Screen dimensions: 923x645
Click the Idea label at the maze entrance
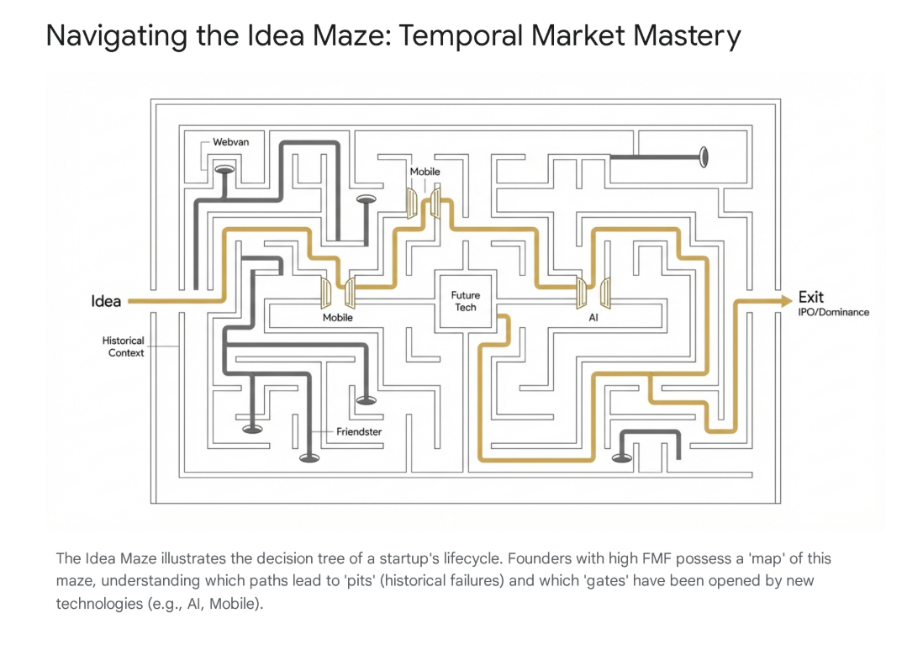coord(106,301)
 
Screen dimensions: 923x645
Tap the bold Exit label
coord(810,297)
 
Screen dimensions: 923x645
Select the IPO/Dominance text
coord(833,312)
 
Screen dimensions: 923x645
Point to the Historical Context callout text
coord(123,346)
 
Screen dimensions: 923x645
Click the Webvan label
coord(230,142)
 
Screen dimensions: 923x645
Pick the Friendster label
coord(359,431)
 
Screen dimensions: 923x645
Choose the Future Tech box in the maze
coord(465,301)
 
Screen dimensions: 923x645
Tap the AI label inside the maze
coord(593,319)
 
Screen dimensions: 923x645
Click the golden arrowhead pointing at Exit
coord(785,299)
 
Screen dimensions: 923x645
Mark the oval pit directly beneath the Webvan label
coord(225,169)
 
